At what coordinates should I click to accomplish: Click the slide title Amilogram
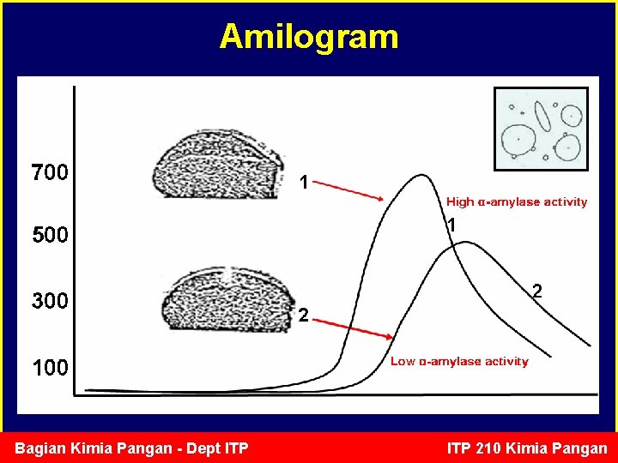tap(309, 37)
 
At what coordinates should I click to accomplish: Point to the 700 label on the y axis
tap(50, 173)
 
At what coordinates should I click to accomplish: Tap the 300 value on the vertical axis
tap(50, 301)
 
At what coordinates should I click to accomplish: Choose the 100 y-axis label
tap(50, 368)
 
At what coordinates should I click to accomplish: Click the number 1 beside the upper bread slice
tap(303, 183)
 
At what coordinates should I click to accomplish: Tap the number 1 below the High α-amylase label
tap(451, 225)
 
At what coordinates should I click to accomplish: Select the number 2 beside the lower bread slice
tap(303, 317)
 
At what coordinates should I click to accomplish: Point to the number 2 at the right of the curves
tap(536, 292)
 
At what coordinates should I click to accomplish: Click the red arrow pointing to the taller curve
tap(352, 190)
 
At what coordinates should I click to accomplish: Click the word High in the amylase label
tap(460, 202)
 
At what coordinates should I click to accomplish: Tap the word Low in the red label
tap(403, 362)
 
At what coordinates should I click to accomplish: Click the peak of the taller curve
tap(421, 176)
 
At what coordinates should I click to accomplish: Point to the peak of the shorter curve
tap(464, 242)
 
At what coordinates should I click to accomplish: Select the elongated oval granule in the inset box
tap(542, 117)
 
